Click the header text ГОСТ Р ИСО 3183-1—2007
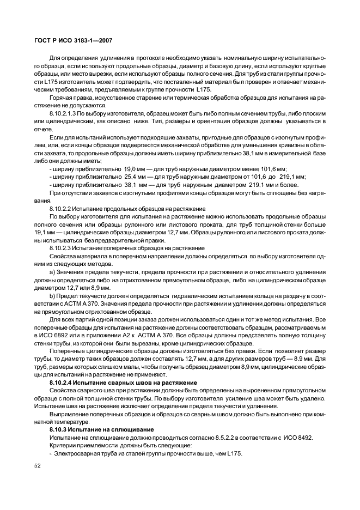click(x=74, y=41)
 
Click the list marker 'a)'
click(x=52, y=271)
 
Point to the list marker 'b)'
click(x=52, y=295)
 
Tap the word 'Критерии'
click(x=64, y=446)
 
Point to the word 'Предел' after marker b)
click(x=68, y=295)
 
